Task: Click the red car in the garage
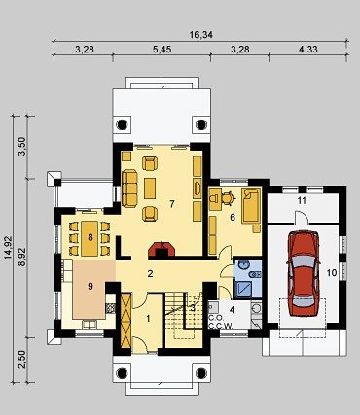(x=304, y=273)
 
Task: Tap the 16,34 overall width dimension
(x=201, y=35)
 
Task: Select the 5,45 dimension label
(x=162, y=50)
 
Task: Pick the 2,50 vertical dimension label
(x=21, y=360)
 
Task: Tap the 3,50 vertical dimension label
(x=21, y=147)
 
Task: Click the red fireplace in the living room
(x=162, y=250)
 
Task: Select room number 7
(x=172, y=204)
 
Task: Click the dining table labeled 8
(x=90, y=238)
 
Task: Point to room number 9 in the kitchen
(x=90, y=286)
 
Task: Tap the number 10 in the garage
(x=332, y=273)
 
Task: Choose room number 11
(x=302, y=201)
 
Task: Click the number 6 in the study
(x=233, y=217)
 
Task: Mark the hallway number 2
(x=150, y=274)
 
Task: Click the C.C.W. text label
(x=221, y=326)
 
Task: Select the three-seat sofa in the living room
(x=129, y=189)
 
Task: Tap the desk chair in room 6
(x=228, y=197)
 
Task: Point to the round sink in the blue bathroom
(x=241, y=265)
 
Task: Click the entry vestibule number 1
(x=148, y=319)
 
